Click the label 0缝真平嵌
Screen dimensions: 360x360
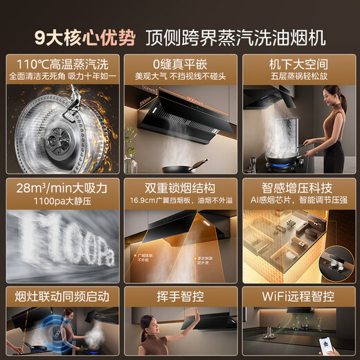pyautogui.click(x=180, y=64)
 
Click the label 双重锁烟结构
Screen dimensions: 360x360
pyautogui.click(x=180, y=188)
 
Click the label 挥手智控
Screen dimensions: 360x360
pyautogui.click(x=180, y=297)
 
